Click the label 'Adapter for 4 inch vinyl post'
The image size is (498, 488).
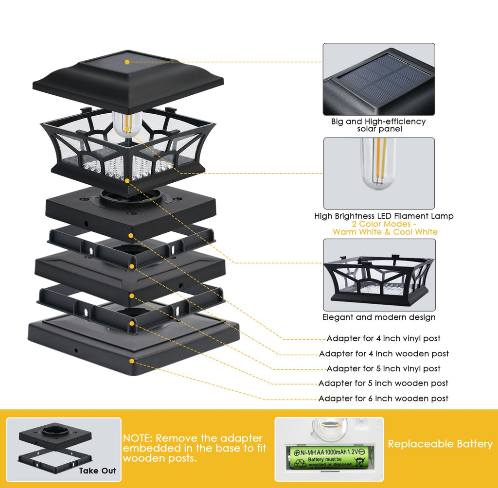coord(383,338)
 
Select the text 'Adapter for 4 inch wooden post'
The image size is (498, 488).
coord(383,353)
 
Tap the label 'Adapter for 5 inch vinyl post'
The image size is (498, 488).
coord(383,368)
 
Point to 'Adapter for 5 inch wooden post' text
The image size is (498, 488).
coord(383,383)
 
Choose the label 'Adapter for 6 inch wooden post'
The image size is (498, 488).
coord(383,398)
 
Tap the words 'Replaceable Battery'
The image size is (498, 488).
coord(440,444)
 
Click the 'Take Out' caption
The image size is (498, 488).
coord(97,471)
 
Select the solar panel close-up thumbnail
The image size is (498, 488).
coord(379,79)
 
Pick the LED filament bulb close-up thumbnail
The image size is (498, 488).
coord(379,173)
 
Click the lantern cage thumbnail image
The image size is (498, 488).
coord(379,275)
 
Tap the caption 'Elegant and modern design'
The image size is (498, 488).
coord(379,317)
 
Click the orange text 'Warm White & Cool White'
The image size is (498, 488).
coord(385,232)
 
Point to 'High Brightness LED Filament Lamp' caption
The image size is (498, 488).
coord(384,216)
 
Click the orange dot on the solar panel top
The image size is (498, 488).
coord(127,62)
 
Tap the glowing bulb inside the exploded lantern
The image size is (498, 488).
coord(126,124)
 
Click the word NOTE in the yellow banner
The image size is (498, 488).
coord(138,438)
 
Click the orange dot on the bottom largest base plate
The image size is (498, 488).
coord(131,361)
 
